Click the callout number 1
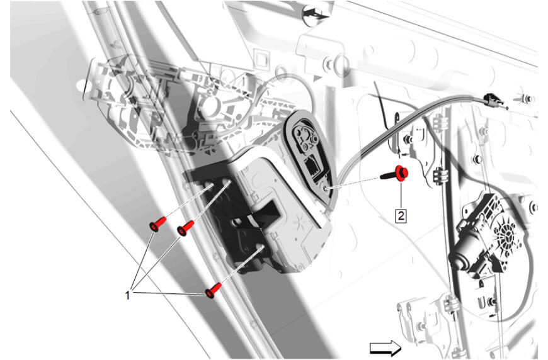click(128, 295)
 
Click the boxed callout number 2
click(401, 215)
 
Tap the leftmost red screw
click(157, 223)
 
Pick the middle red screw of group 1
click(186, 227)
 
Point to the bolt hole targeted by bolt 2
click(326, 189)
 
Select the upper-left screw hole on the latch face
click(211, 184)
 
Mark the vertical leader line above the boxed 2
click(401, 195)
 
